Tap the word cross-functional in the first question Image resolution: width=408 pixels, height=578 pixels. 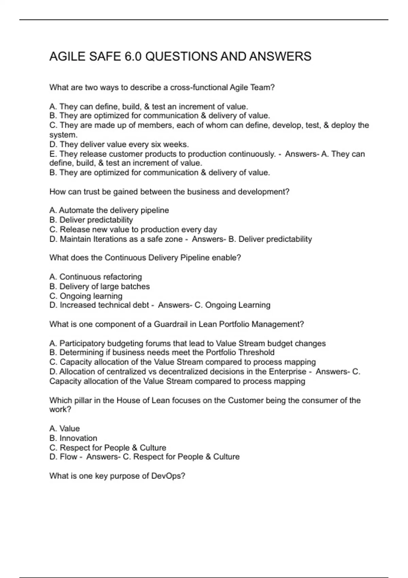pos(199,87)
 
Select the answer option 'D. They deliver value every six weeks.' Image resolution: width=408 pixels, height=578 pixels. pos(119,144)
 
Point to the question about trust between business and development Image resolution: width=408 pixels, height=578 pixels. pos(169,192)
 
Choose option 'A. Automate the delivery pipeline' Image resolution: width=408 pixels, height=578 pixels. pos(109,210)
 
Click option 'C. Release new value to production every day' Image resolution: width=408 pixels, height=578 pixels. pos(133,230)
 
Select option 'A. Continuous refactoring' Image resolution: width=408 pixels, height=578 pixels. pos(96,277)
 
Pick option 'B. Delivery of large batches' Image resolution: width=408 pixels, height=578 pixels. pos(100,286)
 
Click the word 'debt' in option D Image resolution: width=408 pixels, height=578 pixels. pos(141,305)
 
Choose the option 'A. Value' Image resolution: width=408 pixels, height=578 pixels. pos(65,428)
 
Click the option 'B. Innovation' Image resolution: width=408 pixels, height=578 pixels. pos(73,438)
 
